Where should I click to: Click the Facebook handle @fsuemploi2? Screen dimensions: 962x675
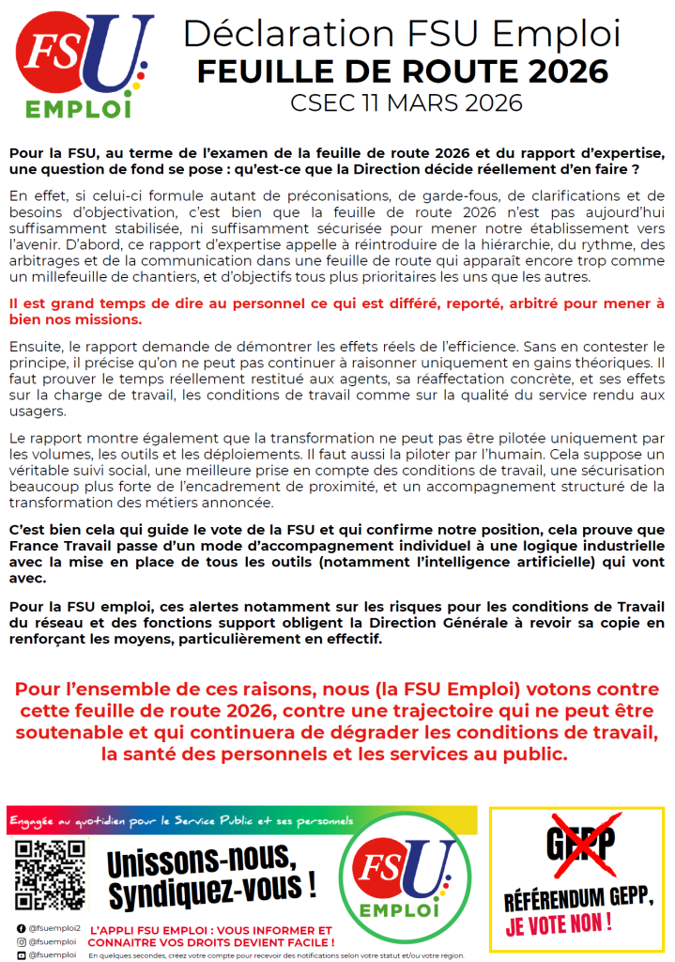click(56, 927)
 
